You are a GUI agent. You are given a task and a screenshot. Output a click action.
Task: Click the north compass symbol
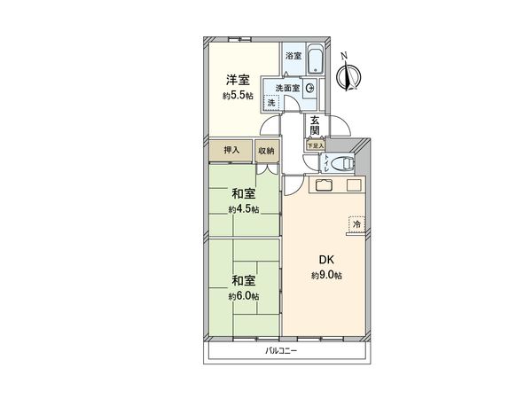coord(349,74)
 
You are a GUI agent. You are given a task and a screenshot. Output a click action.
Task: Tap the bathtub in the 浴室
coord(316,61)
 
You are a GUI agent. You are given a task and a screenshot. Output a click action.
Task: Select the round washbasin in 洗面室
coord(309,88)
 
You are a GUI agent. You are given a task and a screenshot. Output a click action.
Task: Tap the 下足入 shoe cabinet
coord(315,145)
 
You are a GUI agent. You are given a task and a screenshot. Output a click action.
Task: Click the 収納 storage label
coord(267,152)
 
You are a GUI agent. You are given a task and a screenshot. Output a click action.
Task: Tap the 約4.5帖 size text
coord(244,210)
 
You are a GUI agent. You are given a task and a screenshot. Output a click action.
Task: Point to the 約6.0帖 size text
coord(244,294)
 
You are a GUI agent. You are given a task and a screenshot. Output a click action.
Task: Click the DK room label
coord(325,261)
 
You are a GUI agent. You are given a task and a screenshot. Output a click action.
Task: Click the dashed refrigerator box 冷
coord(356,224)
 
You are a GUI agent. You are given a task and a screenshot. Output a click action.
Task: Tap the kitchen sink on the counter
coord(320,185)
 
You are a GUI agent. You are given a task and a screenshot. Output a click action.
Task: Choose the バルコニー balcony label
coord(281,351)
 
